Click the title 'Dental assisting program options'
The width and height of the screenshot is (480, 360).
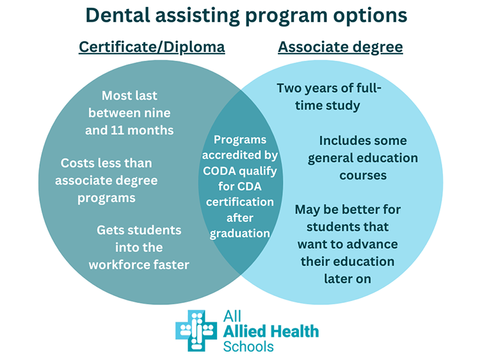[x=240, y=15]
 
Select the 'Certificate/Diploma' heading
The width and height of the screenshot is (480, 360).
[x=152, y=47]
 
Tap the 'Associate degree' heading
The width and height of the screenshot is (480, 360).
[x=340, y=47]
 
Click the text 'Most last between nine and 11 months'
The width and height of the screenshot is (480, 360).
[x=129, y=113]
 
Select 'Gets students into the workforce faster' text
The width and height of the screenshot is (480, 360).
[x=139, y=247]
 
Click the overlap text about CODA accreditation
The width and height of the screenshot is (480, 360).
[x=240, y=186]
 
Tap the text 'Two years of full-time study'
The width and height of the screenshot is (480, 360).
[x=328, y=97]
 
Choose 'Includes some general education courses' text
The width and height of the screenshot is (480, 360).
[x=362, y=157]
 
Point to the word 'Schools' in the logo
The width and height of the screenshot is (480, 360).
[x=248, y=347]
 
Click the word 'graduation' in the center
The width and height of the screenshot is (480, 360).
[x=240, y=233]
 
